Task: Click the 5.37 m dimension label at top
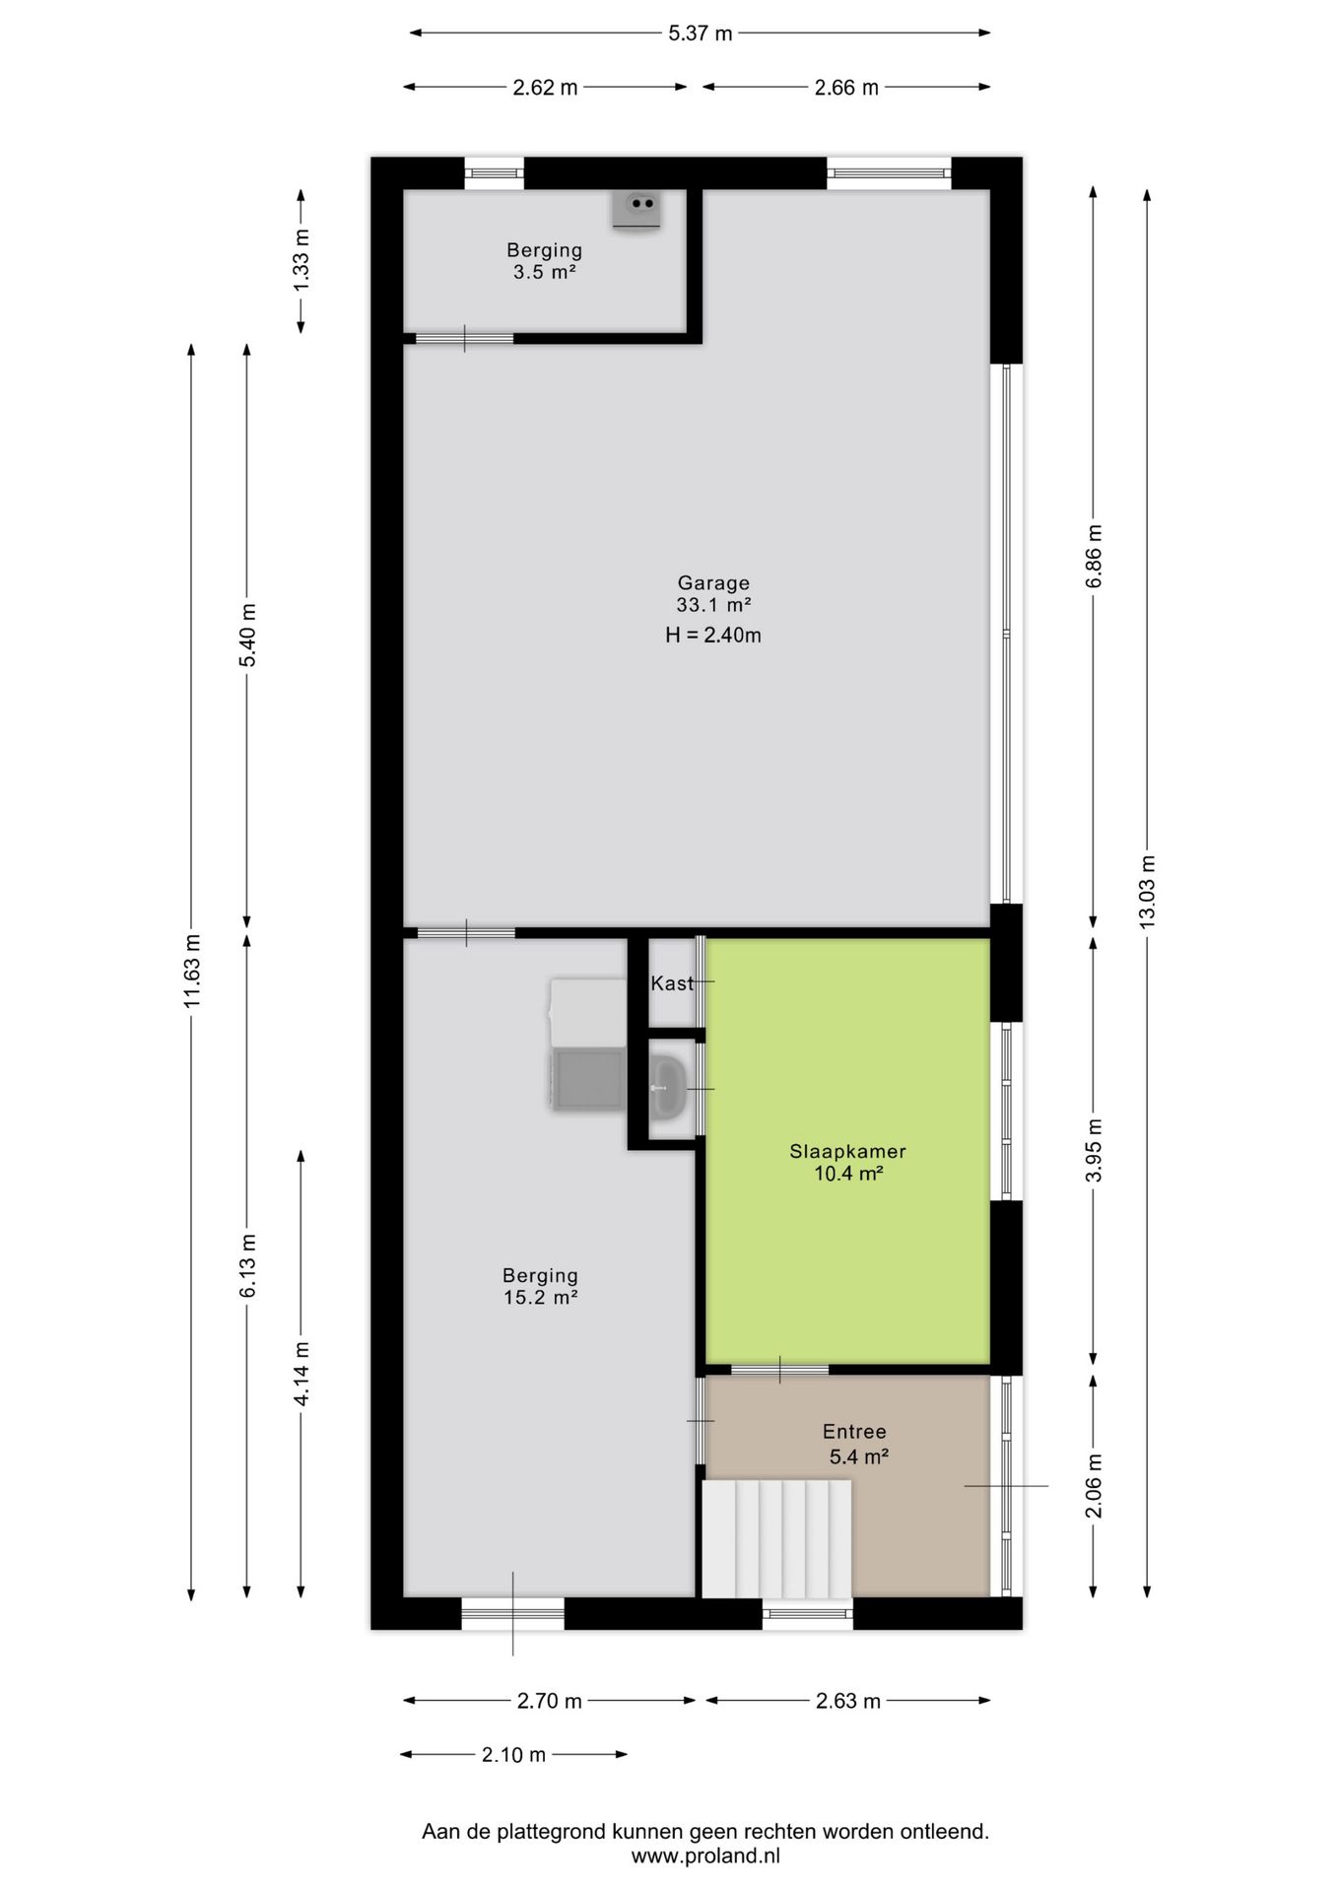tap(700, 34)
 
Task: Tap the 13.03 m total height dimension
tap(1147, 890)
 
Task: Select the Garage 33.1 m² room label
tap(713, 594)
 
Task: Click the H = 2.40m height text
tap(713, 636)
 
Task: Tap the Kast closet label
tap(671, 983)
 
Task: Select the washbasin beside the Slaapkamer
tap(669, 1087)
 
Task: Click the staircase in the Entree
tap(777, 1538)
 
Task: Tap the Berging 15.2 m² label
tap(540, 1286)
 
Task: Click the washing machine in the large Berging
tap(588, 1080)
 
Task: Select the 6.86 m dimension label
tap(1094, 556)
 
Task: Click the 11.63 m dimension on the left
tap(192, 971)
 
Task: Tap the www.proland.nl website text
tap(705, 1856)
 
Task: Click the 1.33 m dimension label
tap(301, 259)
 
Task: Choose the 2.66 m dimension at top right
tap(846, 88)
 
